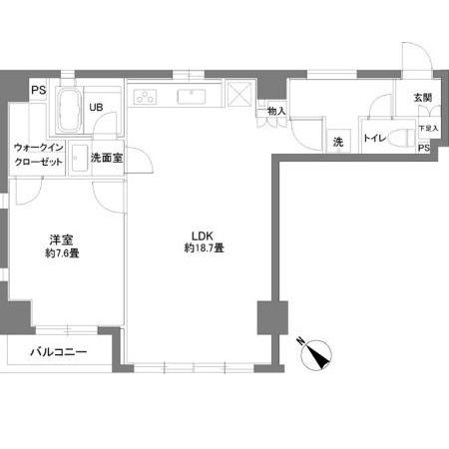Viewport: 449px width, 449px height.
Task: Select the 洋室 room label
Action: point(62,240)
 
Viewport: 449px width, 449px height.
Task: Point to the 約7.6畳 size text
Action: point(62,253)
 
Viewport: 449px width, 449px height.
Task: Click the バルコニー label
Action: point(58,352)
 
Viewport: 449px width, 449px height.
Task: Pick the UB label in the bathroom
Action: point(99,108)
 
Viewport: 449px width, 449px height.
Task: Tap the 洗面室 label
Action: point(106,157)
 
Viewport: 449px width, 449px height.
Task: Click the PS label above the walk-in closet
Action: point(38,92)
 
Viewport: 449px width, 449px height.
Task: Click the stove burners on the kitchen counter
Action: point(146,98)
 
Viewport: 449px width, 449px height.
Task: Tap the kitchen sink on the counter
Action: point(190,98)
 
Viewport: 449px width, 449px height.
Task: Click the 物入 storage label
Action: point(276,111)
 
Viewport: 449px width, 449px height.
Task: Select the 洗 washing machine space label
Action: point(337,143)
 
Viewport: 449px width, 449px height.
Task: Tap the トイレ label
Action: point(374,139)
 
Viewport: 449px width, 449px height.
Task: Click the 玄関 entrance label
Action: point(421,98)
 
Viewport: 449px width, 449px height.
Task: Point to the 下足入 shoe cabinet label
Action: point(425,129)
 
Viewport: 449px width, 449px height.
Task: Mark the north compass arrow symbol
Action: point(322,354)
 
